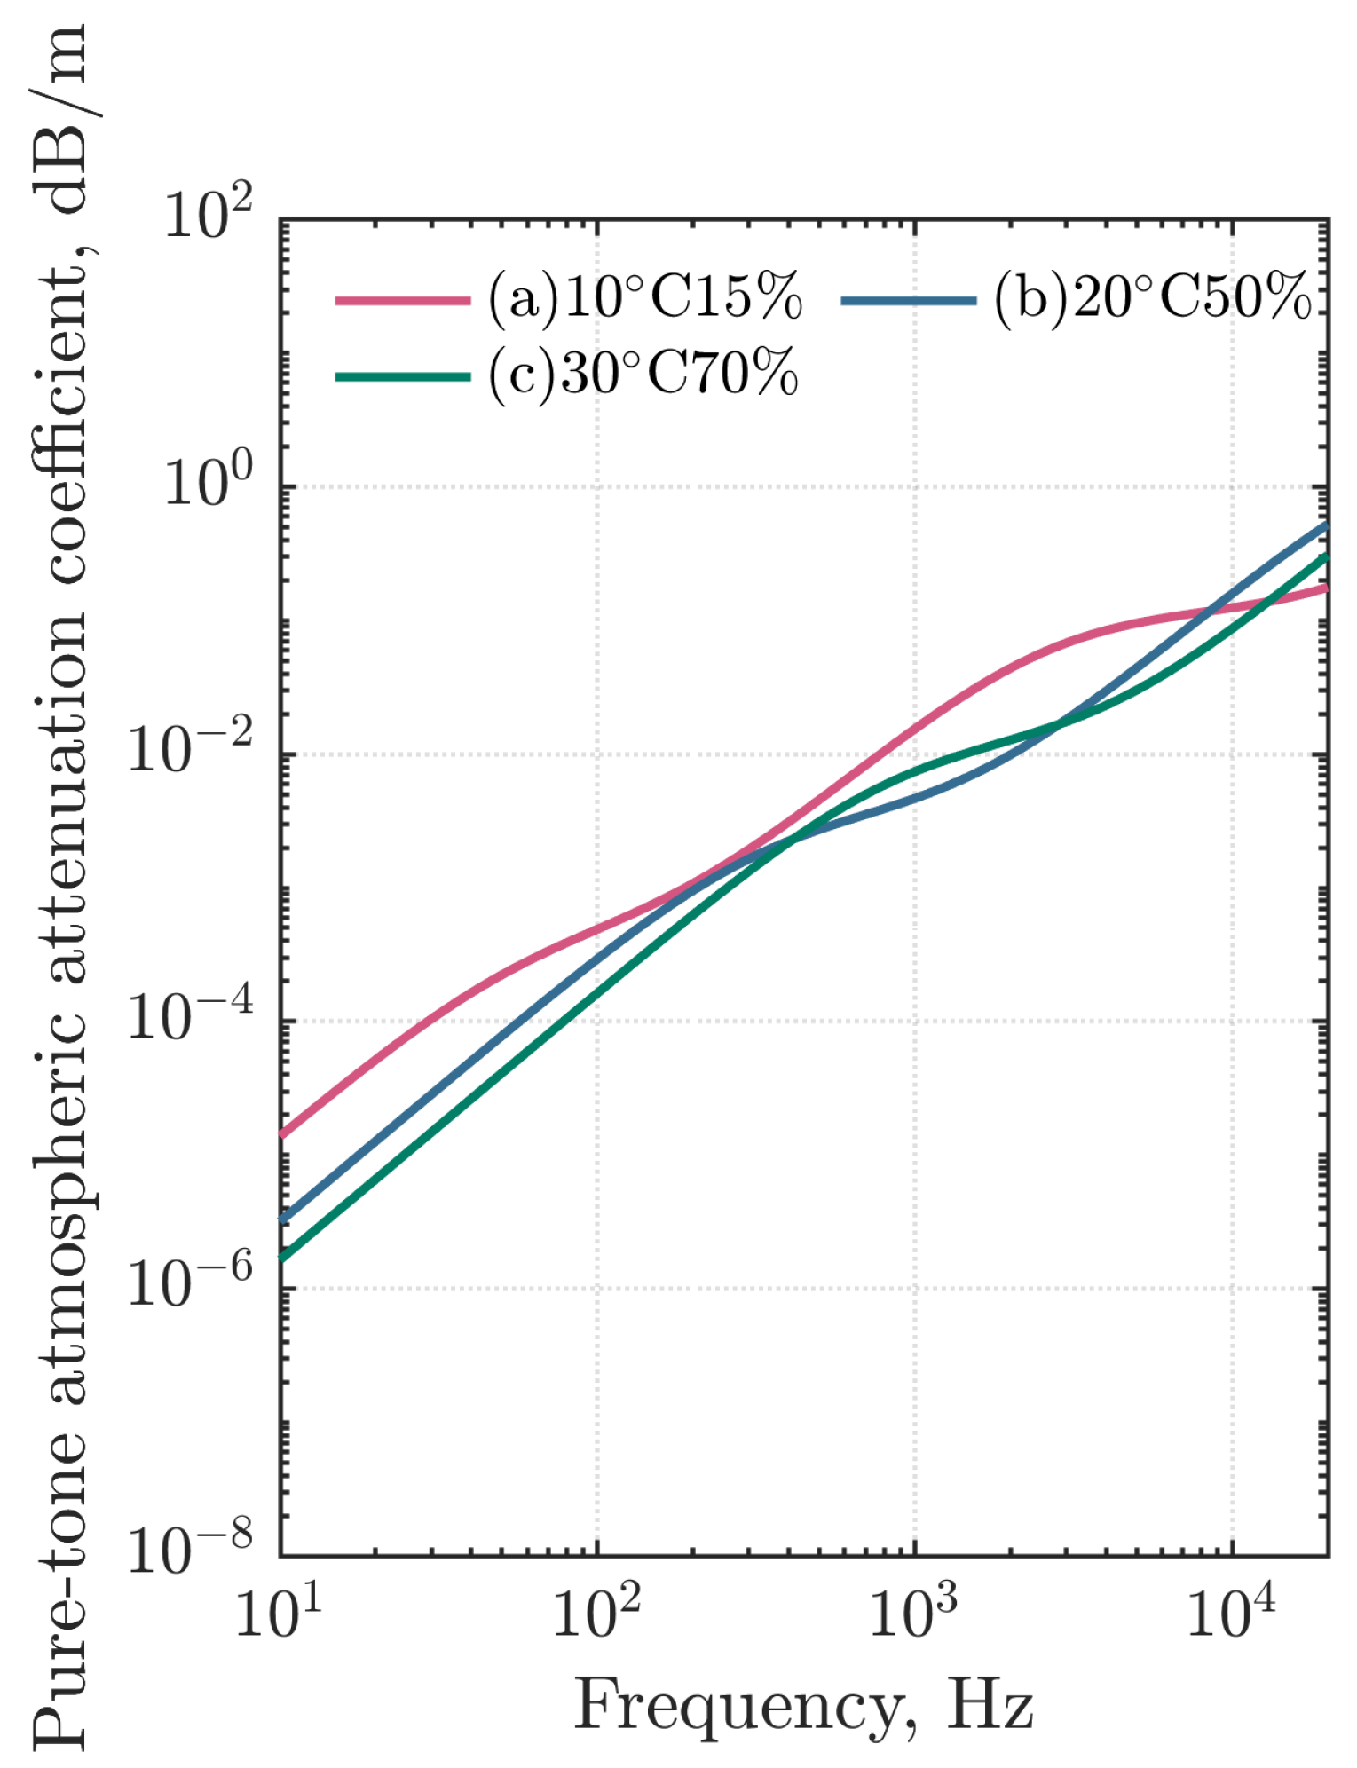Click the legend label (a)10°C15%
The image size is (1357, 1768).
[x=644, y=297]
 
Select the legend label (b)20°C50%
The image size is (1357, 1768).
[x=1152, y=297]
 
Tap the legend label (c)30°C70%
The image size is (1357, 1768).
[x=643, y=374]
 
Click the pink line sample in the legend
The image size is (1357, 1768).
[x=403, y=300]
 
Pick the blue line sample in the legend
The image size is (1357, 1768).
[x=909, y=300]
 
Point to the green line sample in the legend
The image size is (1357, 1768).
[x=403, y=376]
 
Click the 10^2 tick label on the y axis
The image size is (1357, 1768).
[x=209, y=216]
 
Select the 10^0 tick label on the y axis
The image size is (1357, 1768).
[x=209, y=484]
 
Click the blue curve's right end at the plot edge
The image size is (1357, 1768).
[x=1326, y=525]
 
